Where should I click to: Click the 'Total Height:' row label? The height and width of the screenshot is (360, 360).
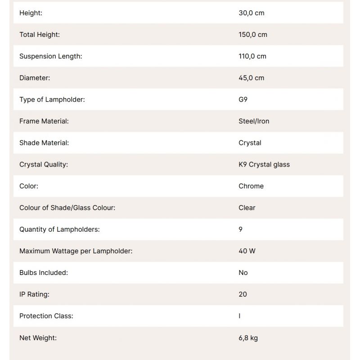40,35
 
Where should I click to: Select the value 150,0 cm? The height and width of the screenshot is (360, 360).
253,35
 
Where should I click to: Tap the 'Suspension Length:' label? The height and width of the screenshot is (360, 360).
51,56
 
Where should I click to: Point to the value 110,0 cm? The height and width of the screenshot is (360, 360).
252,56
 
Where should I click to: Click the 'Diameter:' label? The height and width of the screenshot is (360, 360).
35,78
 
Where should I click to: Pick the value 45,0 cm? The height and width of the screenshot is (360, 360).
252,78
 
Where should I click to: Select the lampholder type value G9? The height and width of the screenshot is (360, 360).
243,99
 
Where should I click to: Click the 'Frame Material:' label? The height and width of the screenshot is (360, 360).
44,121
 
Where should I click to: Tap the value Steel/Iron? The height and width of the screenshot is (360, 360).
254,121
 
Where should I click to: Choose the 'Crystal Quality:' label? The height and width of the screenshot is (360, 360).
44,164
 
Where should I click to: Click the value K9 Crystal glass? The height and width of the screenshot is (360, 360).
264,164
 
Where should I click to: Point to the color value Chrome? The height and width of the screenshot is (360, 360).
251,186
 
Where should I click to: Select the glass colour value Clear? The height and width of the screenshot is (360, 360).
247,207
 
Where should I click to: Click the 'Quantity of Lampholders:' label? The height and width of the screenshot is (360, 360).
59,229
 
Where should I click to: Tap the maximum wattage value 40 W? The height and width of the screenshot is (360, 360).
247,251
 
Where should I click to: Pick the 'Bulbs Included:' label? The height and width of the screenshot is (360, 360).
44,272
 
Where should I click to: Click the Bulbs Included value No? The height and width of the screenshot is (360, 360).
243,272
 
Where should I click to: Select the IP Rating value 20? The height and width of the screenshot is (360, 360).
243,294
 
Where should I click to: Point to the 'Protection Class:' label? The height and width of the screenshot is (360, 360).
46,315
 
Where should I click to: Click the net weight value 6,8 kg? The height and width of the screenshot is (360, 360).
248,337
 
